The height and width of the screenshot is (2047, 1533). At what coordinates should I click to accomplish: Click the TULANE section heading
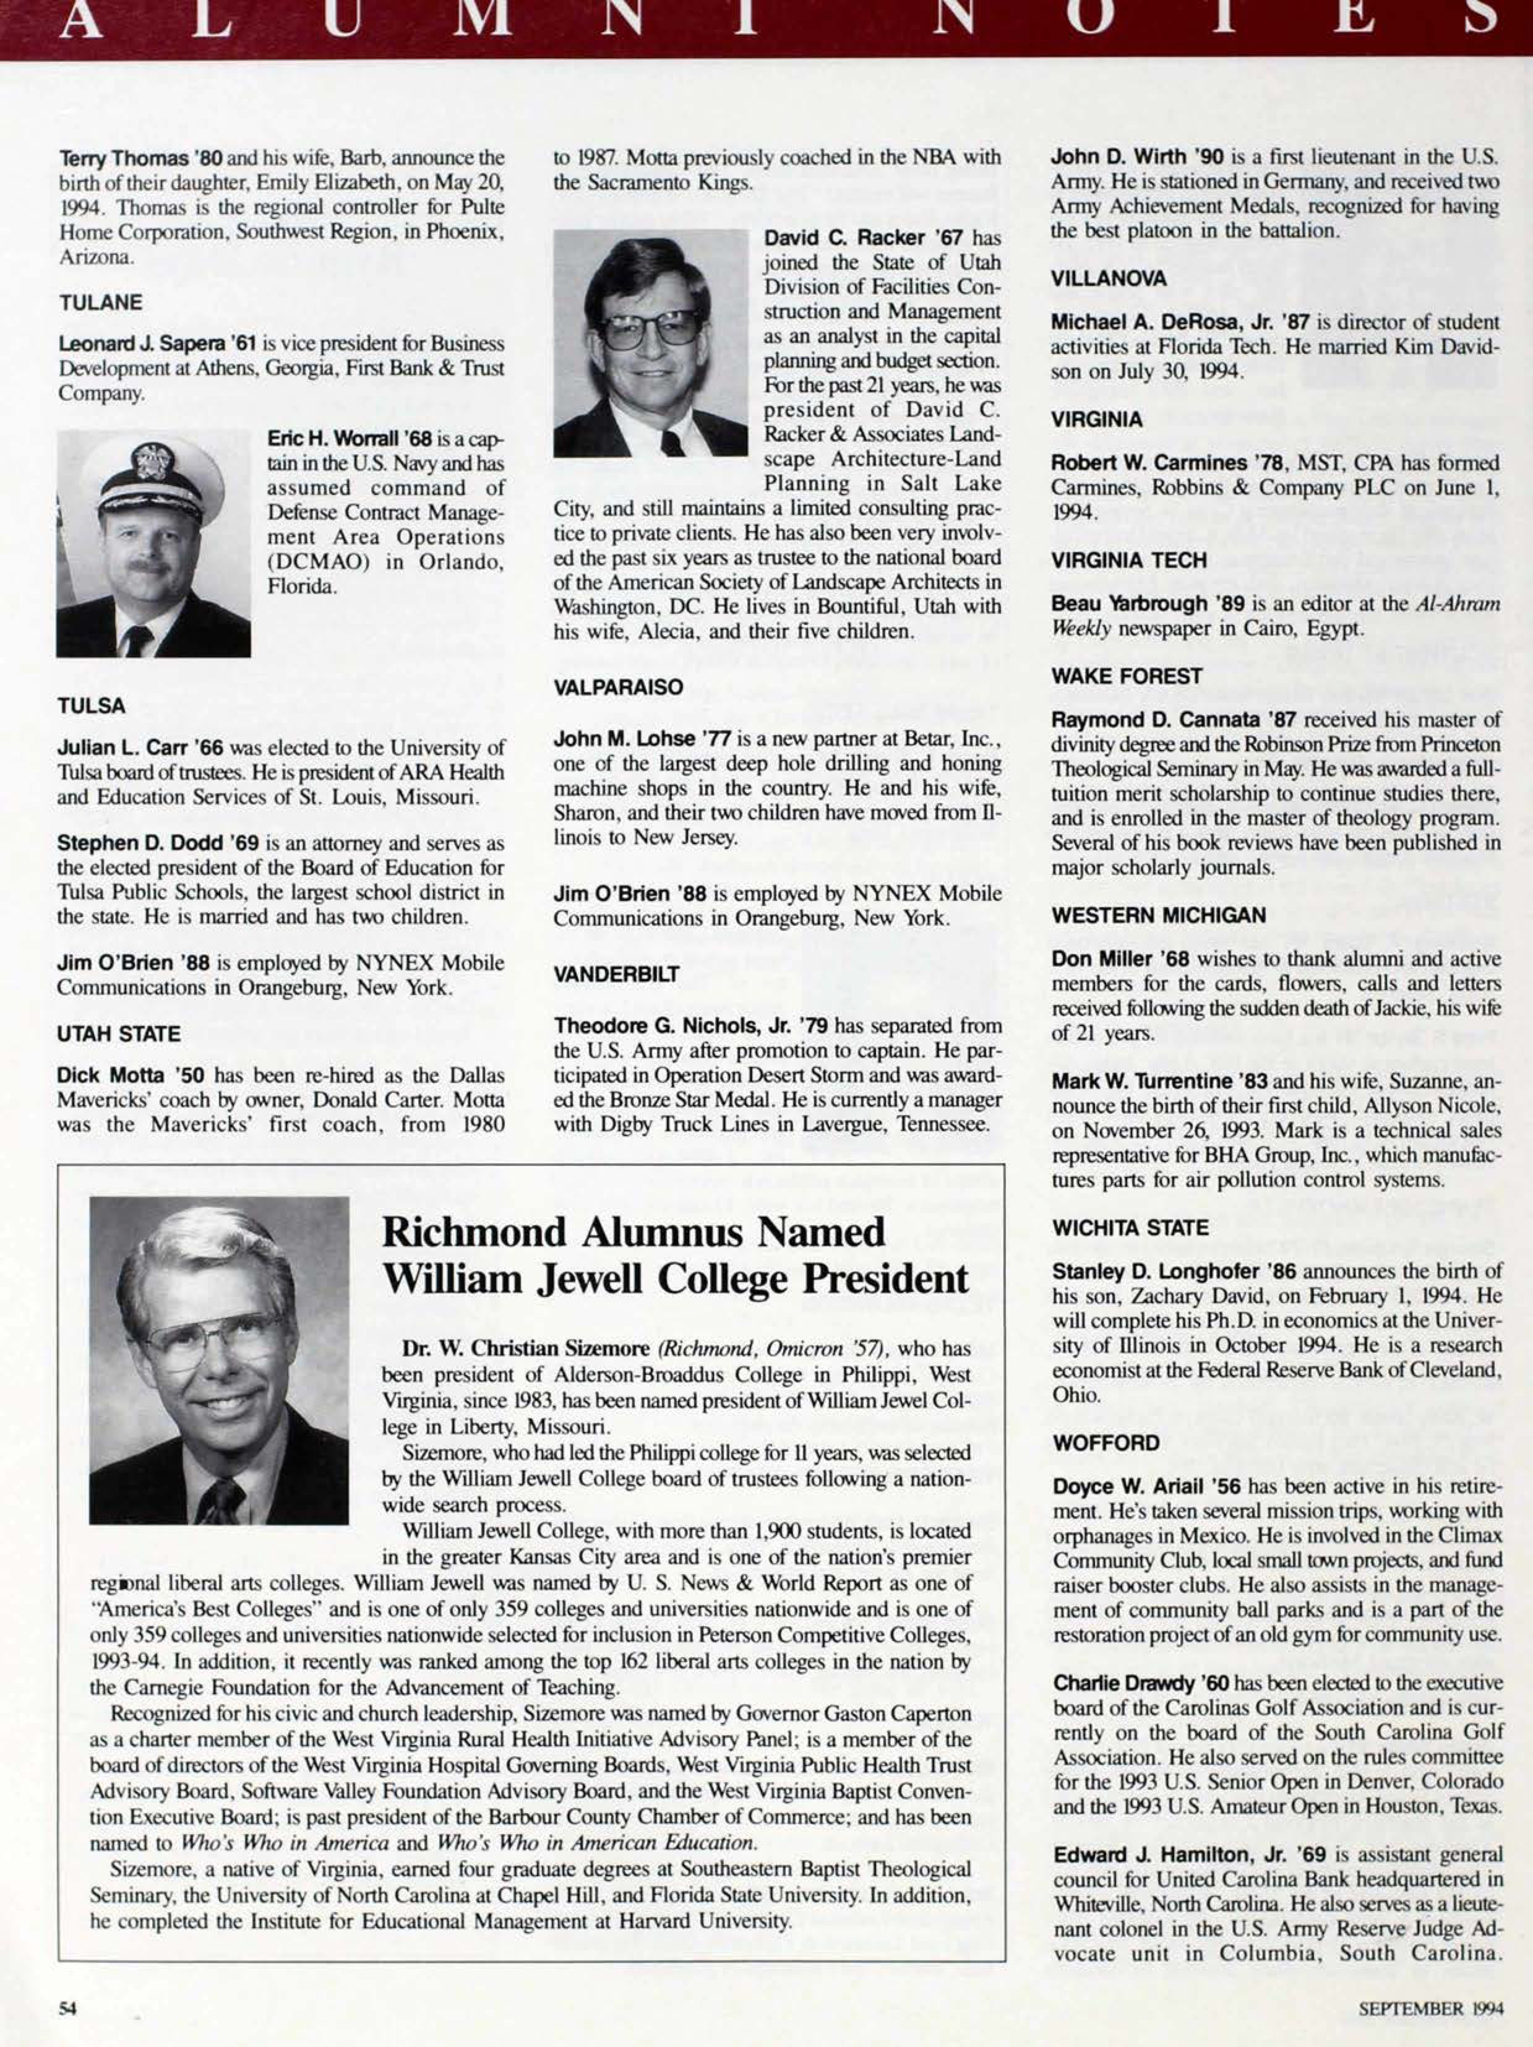101,303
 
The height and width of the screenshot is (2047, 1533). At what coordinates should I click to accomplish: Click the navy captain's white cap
148,470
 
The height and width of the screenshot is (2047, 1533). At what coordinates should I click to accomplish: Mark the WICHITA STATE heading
1130,1228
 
